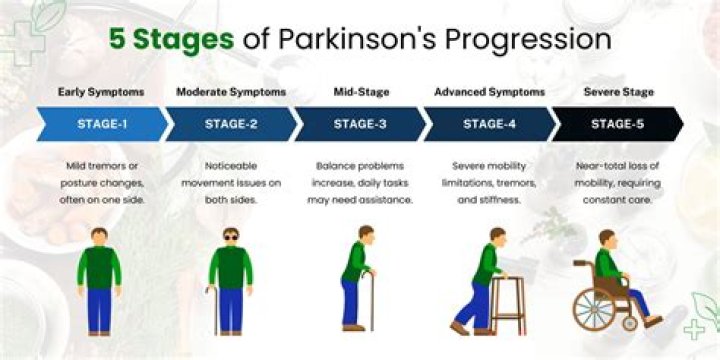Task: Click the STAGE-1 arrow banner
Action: coord(100,124)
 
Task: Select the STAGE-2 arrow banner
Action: coord(230,124)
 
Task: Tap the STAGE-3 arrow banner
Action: coord(360,124)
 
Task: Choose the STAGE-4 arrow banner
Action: coord(490,124)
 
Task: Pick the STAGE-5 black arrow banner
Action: coord(617,124)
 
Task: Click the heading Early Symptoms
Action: coord(100,92)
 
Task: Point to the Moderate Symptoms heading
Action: coord(230,92)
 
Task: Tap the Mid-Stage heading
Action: coord(360,92)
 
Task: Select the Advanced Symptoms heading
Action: coord(489,92)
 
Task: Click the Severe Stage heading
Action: coord(619,92)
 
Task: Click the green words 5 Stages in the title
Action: coord(170,40)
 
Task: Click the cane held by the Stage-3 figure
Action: coord(372,295)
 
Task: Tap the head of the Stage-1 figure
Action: coord(100,238)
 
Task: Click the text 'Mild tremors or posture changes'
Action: coord(100,172)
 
